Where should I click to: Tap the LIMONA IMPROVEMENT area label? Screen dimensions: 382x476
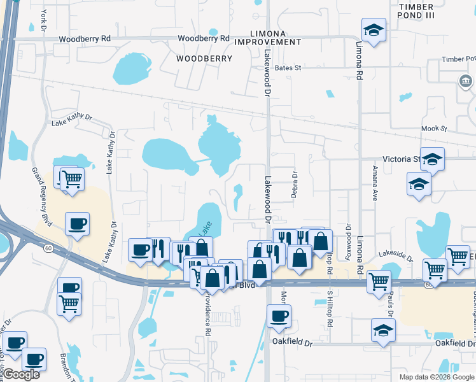click(x=267, y=37)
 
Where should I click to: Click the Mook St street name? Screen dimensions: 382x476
click(x=435, y=129)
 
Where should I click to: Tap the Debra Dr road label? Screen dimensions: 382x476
click(x=295, y=184)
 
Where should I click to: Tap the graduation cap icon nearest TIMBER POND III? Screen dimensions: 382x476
click(x=374, y=29)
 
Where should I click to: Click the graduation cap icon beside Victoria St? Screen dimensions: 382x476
click(x=432, y=159)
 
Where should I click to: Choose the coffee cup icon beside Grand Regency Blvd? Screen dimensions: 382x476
click(x=77, y=223)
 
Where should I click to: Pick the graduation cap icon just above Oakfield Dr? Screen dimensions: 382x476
click(x=383, y=330)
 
